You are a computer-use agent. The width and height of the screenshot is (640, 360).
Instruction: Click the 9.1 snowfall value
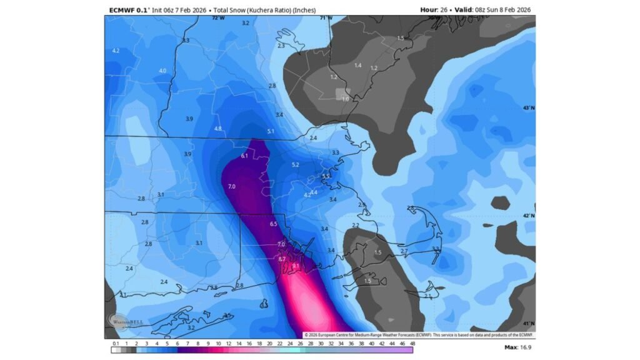point(296,266)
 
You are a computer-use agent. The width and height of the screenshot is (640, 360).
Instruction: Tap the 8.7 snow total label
point(282,259)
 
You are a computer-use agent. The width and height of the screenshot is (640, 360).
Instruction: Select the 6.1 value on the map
point(244,156)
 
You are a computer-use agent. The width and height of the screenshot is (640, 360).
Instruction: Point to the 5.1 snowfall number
point(271,131)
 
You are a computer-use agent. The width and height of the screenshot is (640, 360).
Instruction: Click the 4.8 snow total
point(218,129)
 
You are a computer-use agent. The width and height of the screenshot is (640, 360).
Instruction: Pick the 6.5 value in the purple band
point(273,224)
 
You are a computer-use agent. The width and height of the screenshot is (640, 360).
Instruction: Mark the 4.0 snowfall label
point(163,71)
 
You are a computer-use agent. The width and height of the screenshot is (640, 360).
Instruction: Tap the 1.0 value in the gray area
point(345,99)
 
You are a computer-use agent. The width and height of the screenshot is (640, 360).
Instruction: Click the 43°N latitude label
point(529,108)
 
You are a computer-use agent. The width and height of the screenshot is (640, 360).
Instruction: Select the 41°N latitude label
point(529,323)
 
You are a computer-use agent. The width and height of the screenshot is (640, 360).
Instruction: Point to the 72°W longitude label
point(217,18)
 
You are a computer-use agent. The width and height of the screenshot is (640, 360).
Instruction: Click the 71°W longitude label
point(326,18)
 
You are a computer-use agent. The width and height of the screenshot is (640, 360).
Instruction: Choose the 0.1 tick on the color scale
point(115,343)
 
